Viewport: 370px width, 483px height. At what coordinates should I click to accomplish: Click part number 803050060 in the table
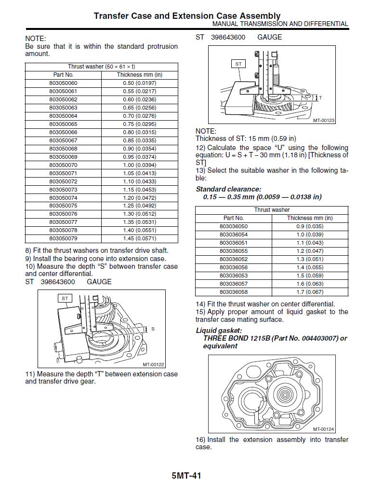point(63,83)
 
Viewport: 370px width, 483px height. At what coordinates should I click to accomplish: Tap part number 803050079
point(63,238)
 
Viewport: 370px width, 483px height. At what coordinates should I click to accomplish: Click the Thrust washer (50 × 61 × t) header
point(101,67)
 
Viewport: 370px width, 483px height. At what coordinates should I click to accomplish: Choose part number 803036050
point(233,226)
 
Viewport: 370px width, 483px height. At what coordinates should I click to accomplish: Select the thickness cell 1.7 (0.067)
point(310,292)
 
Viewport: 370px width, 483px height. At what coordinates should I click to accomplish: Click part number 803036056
point(233,267)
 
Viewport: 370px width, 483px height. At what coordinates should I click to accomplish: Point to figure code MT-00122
point(153,365)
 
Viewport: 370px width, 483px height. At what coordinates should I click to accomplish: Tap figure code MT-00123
point(324,121)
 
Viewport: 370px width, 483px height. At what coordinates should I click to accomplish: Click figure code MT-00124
point(324,429)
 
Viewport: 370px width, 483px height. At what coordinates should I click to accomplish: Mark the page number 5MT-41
point(186,476)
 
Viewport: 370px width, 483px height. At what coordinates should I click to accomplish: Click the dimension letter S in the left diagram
point(153,329)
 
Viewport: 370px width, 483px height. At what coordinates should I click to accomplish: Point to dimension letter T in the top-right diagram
point(320,98)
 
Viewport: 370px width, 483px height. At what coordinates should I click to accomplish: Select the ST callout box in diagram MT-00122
point(65,299)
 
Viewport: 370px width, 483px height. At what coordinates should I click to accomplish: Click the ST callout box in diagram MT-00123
point(238,64)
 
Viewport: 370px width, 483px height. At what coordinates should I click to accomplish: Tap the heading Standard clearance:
point(228,189)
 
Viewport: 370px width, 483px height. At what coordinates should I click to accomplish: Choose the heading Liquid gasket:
point(219,331)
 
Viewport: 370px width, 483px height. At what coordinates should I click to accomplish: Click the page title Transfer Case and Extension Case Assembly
point(187,16)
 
